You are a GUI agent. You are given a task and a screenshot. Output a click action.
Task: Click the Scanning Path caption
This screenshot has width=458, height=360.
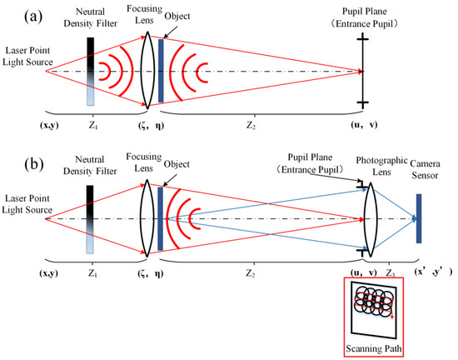368,347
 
